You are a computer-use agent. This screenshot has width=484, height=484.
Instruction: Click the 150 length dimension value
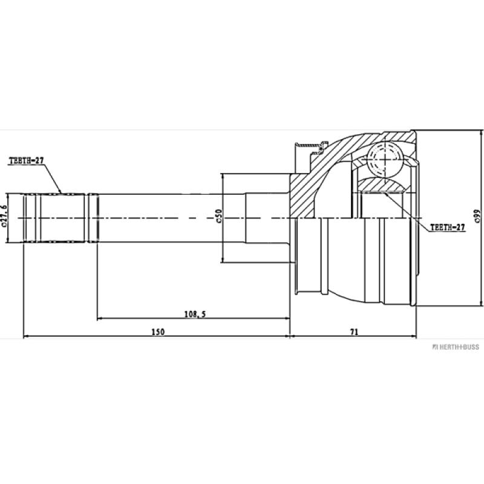pyautogui.click(x=158, y=331)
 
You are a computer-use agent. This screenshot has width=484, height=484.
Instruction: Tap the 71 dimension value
pyautogui.click(x=355, y=331)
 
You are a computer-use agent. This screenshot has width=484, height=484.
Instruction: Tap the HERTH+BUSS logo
pyautogui.click(x=455, y=347)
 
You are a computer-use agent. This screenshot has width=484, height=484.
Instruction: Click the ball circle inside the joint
pyautogui.click(x=385, y=158)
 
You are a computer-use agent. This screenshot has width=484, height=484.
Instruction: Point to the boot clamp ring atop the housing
pyautogui.click(x=307, y=146)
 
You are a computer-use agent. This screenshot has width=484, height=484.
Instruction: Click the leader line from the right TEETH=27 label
pyautogui.click(x=405, y=206)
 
